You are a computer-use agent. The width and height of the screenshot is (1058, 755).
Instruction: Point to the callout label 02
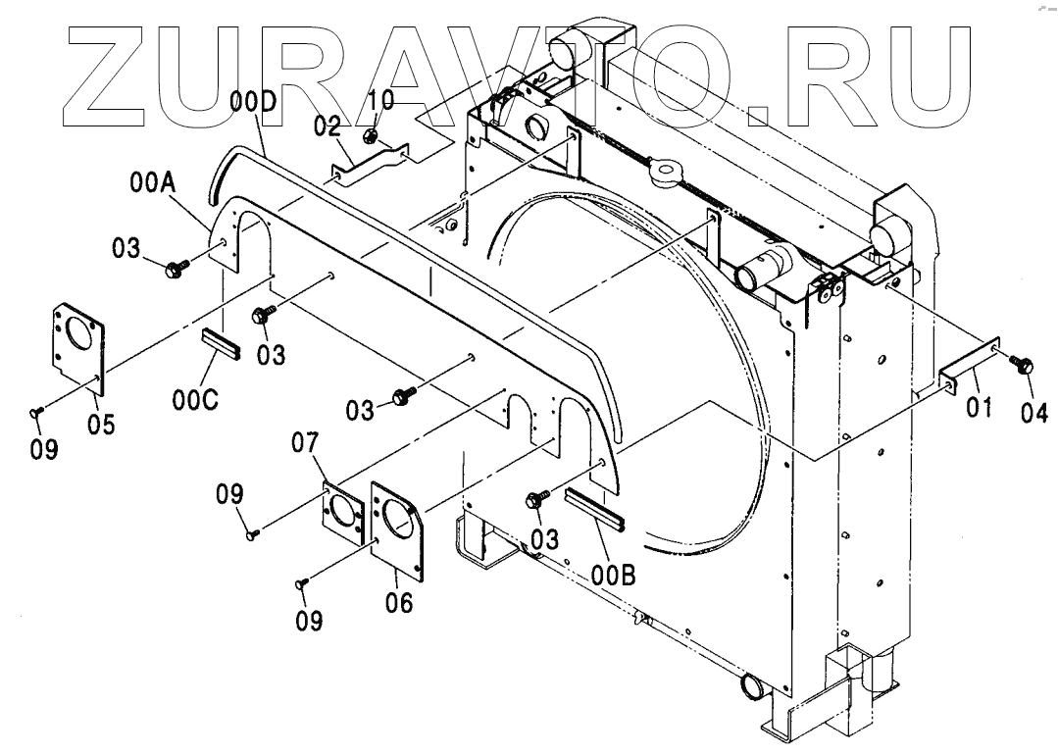pos(327,126)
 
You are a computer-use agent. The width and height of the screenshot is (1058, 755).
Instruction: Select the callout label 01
pos(981,405)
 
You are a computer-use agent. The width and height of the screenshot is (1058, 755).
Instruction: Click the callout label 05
pos(101,424)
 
